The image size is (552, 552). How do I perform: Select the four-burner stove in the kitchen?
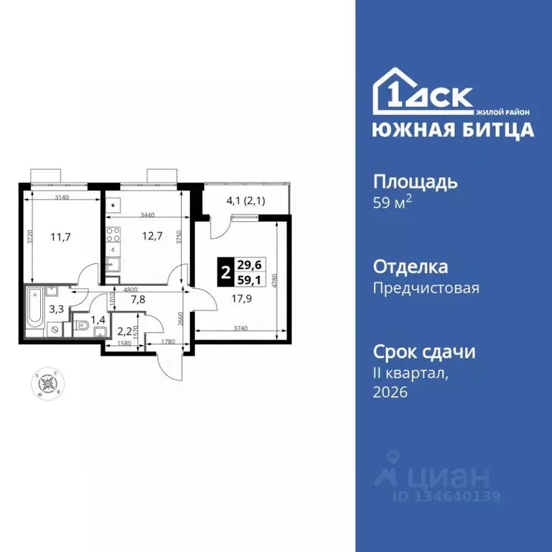[113, 234]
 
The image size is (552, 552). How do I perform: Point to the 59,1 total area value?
[249, 280]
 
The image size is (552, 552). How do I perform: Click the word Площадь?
[415, 181]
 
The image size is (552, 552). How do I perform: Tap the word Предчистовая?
[425, 288]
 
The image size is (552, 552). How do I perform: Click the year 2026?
[390, 392]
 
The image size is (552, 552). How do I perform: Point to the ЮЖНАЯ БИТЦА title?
[453, 130]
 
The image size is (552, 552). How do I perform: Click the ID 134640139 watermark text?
[446, 496]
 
